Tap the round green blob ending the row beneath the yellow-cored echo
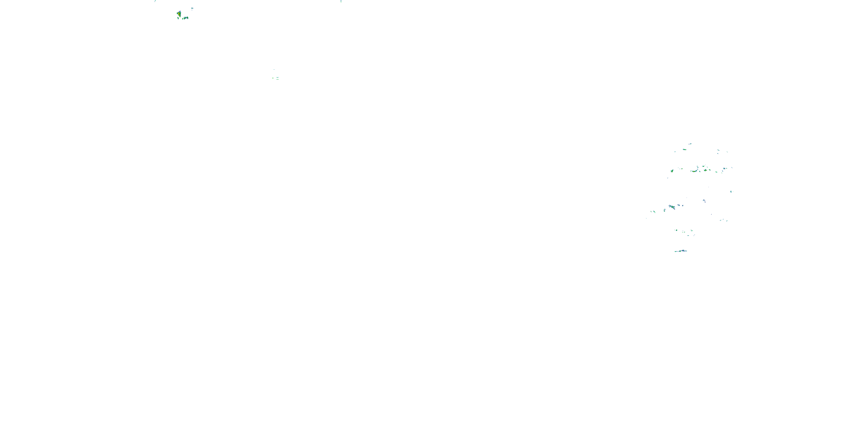click(x=188, y=18)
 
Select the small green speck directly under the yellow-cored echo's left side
click(x=178, y=18)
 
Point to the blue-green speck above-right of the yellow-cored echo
click(x=192, y=8)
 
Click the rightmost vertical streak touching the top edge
click(x=341, y=1)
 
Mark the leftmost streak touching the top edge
click(x=155, y=1)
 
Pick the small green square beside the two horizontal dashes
click(x=273, y=78)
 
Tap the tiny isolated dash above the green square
click(x=274, y=69)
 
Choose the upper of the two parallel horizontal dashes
click(x=278, y=77)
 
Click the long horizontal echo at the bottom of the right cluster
click(x=681, y=251)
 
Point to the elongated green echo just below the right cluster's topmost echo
click(x=685, y=149)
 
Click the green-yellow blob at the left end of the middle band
click(x=672, y=171)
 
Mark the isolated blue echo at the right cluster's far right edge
click(x=731, y=192)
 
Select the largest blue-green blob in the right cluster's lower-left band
click(x=672, y=207)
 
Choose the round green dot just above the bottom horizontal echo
click(x=677, y=230)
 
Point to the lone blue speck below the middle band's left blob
click(x=668, y=178)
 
